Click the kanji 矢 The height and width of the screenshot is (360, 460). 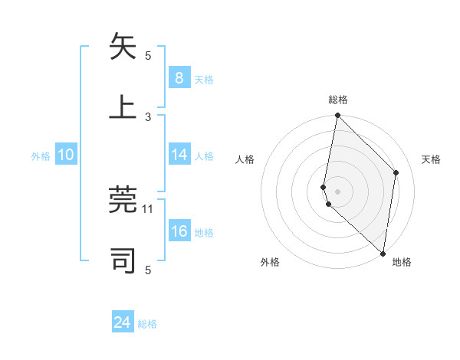pyautogui.click(x=123, y=47)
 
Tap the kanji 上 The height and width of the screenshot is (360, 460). pyautogui.click(x=123, y=106)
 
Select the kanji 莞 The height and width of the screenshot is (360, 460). pyautogui.click(x=123, y=200)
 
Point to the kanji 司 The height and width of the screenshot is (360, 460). pyautogui.click(x=123, y=260)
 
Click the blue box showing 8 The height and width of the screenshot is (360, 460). pyautogui.click(x=179, y=77)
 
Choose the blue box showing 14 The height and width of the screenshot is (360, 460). pyautogui.click(x=179, y=155)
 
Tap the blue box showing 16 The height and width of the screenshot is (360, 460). pyautogui.click(x=179, y=231)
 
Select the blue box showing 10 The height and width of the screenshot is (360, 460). pyautogui.click(x=66, y=155)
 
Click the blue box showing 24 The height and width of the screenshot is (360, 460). pyautogui.click(x=123, y=322)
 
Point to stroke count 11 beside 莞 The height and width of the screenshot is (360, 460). pyautogui.click(x=149, y=208)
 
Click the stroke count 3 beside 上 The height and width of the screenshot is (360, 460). pyautogui.click(x=149, y=116)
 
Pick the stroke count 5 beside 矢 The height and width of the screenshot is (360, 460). pyautogui.click(x=149, y=55)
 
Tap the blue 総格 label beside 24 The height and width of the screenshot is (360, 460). pyautogui.click(x=147, y=324)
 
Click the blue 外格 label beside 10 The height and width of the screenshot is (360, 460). pyautogui.click(x=41, y=155)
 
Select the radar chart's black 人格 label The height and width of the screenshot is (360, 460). pyautogui.click(x=245, y=159)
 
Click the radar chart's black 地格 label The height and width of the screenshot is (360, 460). pyautogui.click(x=402, y=262)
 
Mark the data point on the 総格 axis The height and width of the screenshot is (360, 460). pyautogui.click(x=337, y=115)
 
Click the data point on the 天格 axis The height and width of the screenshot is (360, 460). pyautogui.click(x=396, y=172)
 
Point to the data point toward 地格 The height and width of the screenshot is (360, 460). pyautogui.click(x=383, y=254)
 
